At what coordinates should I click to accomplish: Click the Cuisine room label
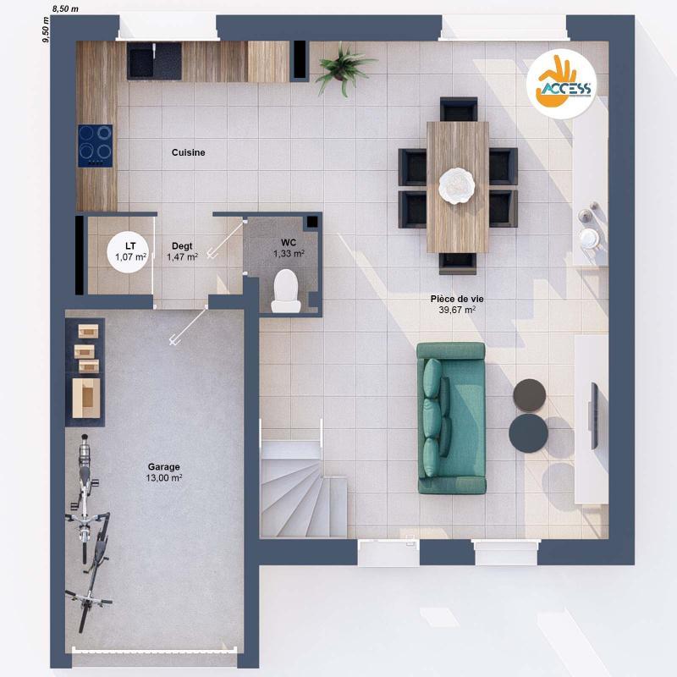coord(188,152)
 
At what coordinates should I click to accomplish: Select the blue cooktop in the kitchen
coord(96,144)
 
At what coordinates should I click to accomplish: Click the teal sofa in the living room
coord(450,417)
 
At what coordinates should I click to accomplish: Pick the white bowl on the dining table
coord(458,184)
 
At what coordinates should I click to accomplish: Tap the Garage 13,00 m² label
coord(164,472)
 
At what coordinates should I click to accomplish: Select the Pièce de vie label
coord(456,304)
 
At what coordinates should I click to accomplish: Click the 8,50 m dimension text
coord(65,8)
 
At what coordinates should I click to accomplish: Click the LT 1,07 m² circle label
coord(131,250)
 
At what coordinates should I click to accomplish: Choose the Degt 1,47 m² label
coord(182,251)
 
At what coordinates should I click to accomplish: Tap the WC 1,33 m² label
coord(289,248)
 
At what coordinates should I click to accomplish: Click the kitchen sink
coord(154,60)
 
